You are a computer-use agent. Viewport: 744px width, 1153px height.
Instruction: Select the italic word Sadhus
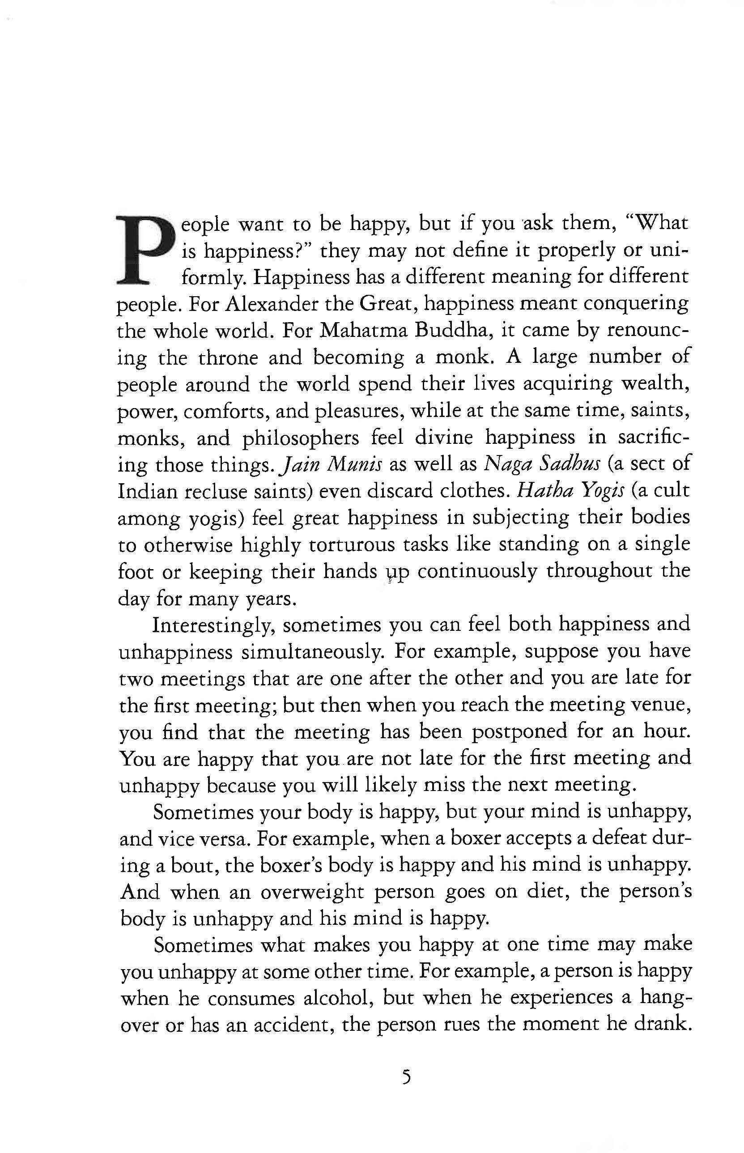point(569,465)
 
